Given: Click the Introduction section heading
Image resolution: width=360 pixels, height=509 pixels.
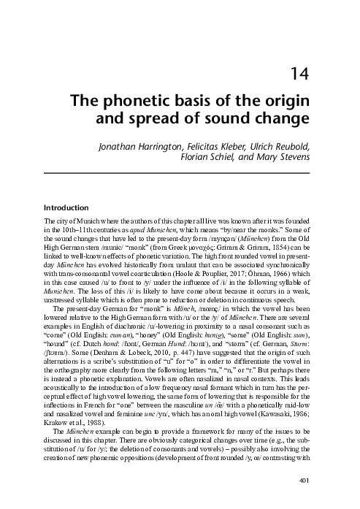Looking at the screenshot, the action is click(x=66, y=206).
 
